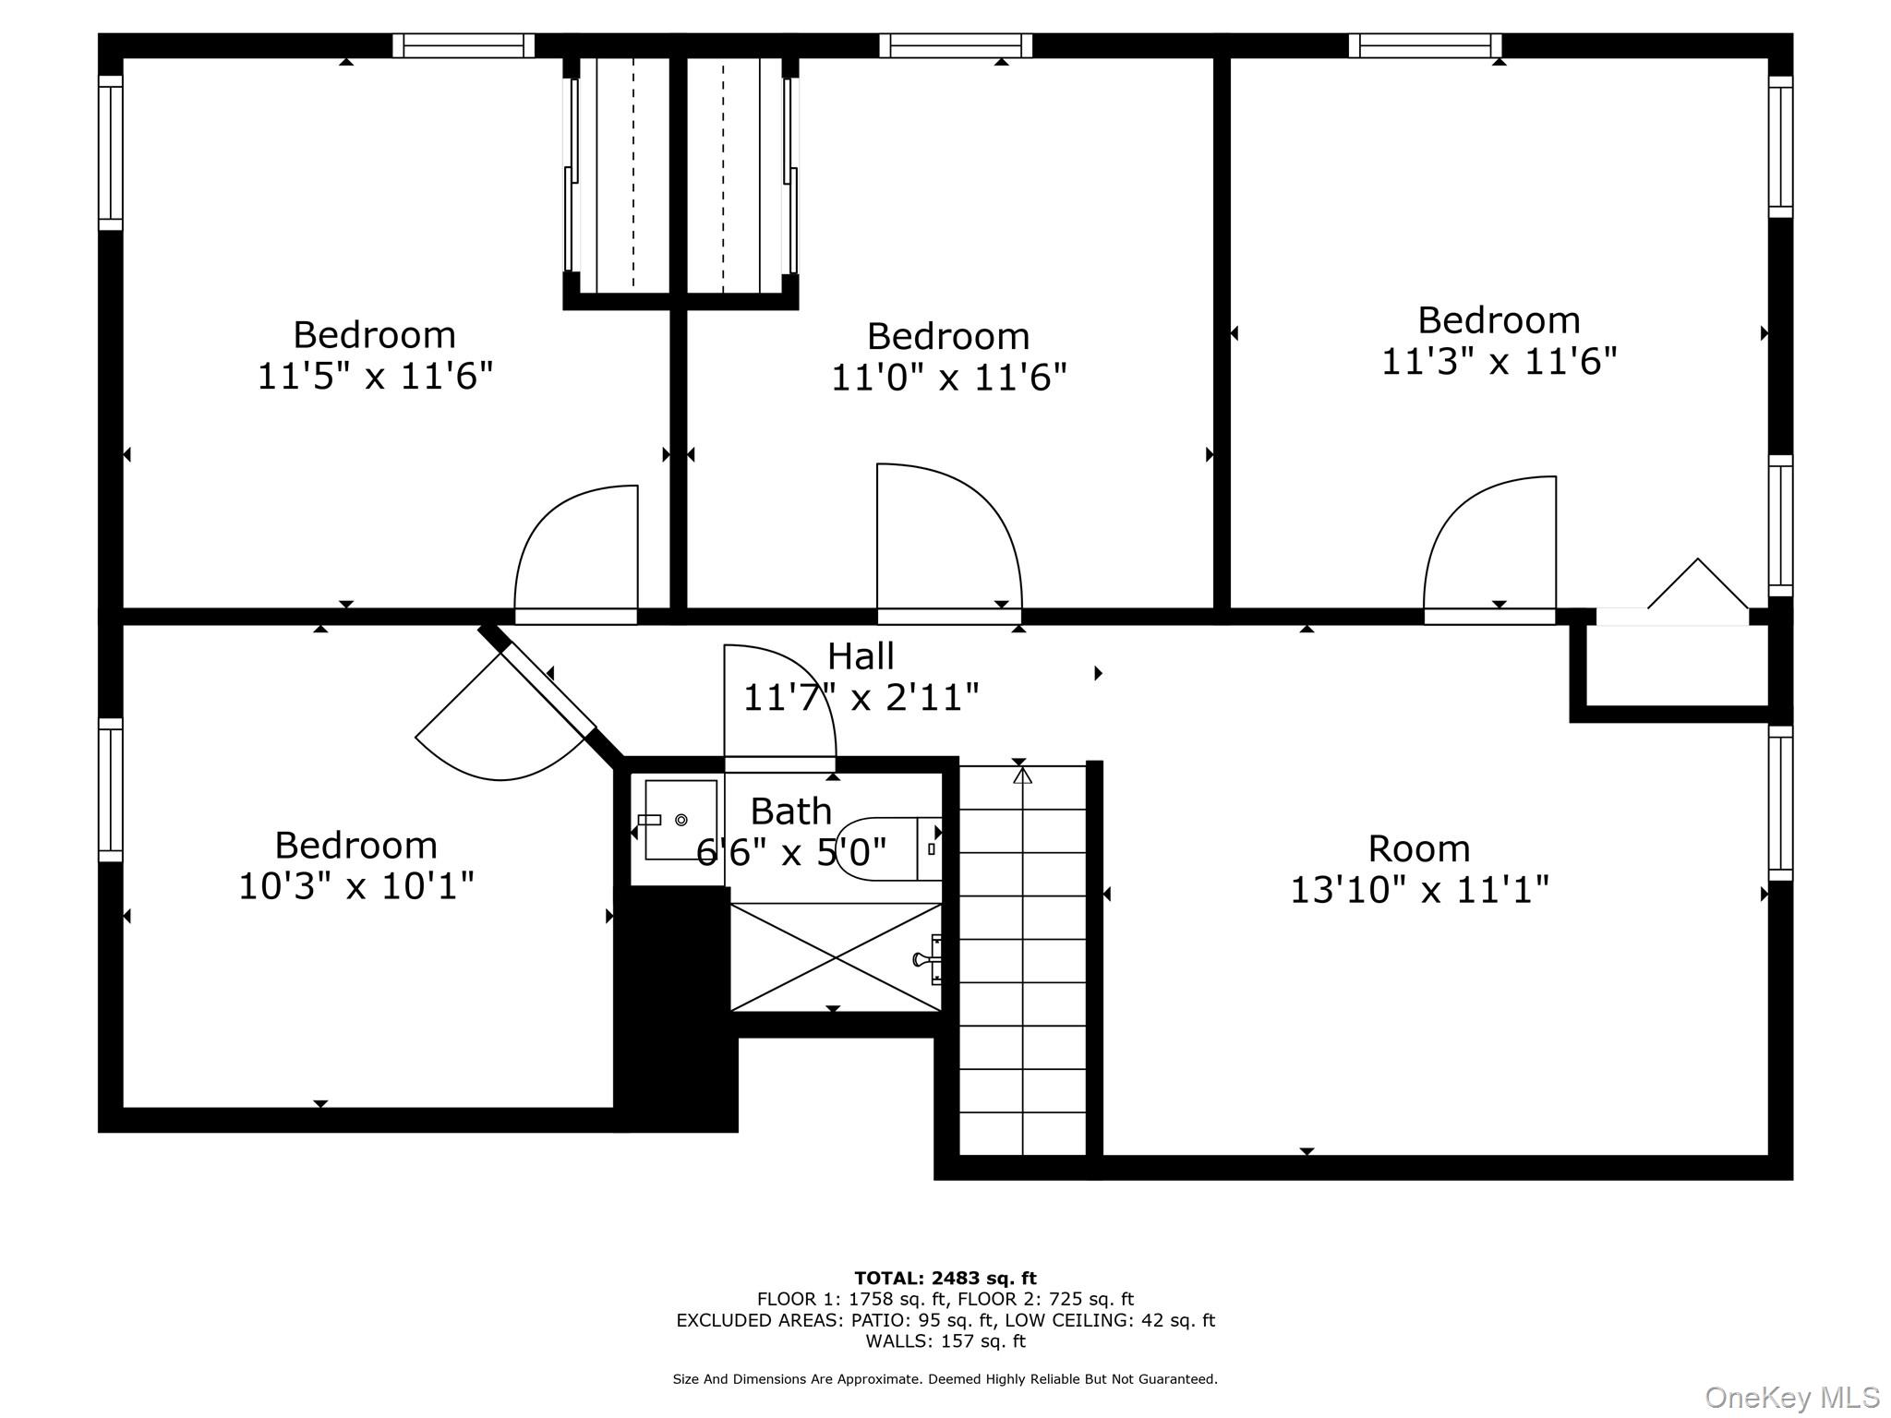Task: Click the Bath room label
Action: pyautogui.click(x=790, y=811)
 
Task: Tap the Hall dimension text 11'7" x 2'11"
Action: pyautogui.click(x=861, y=697)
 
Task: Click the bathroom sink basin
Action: pyautogui.click(x=681, y=820)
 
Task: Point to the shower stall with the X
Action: pyautogui.click(x=836, y=957)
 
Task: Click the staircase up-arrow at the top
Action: pyautogui.click(x=1022, y=776)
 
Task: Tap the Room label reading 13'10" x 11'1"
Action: pyautogui.click(x=1418, y=890)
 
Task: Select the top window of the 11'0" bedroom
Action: pyautogui.click(x=956, y=45)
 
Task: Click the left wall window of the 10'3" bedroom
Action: pyautogui.click(x=111, y=790)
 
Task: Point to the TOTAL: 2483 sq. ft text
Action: pyautogui.click(x=945, y=1278)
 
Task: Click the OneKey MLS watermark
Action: pyautogui.click(x=1791, y=1397)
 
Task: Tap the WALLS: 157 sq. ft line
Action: pyautogui.click(x=945, y=1340)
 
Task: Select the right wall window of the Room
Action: pyautogui.click(x=1780, y=803)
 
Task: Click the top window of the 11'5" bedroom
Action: pyautogui.click(x=464, y=45)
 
